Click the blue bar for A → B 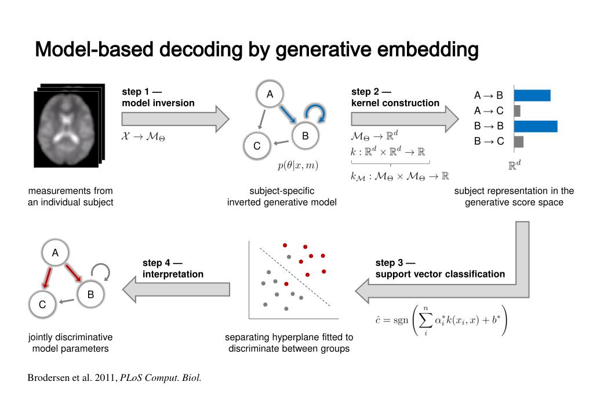coord(532,95)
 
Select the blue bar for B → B coord(535,126)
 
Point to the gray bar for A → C coord(517,110)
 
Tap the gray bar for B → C coord(518,141)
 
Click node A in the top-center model coord(270,94)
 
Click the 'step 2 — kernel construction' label coord(395,98)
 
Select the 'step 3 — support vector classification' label coord(439,268)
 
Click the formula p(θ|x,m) coord(297,165)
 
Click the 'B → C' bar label coord(489,141)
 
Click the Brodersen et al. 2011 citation coord(114,378)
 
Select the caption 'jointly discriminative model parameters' coord(71,343)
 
